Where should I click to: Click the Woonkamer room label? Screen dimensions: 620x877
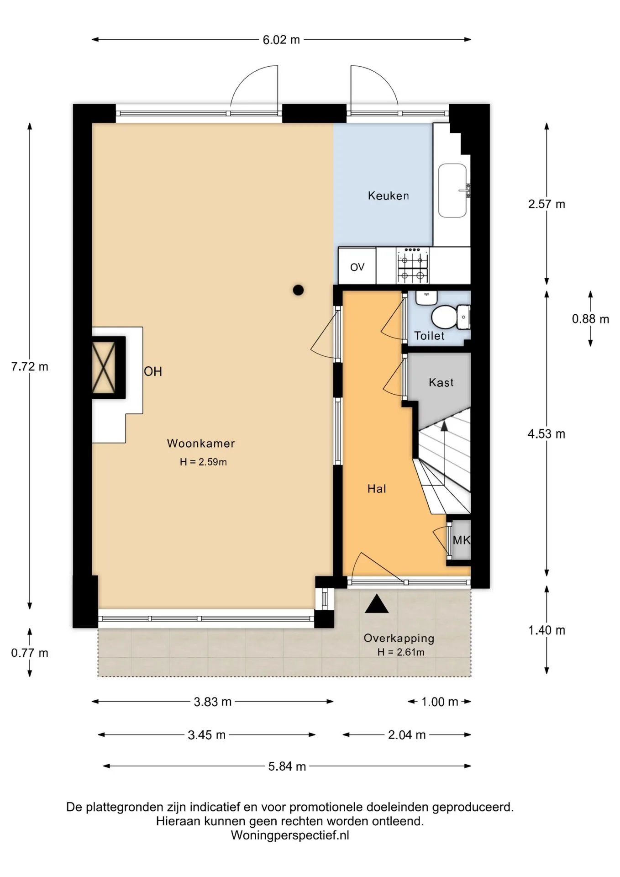(x=201, y=443)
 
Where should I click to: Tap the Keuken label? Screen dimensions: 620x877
(x=389, y=196)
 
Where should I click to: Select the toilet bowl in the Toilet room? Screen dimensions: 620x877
(x=446, y=317)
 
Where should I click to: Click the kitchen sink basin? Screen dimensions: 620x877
(x=452, y=190)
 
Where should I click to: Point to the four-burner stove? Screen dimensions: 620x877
(x=413, y=265)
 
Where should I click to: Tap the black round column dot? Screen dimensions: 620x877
(x=298, y=290)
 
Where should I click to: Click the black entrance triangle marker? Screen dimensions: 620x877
(x=377, y=604)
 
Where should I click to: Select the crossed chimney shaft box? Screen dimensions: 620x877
(x=108, y=368)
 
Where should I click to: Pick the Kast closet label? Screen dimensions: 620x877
(x=441, y=382)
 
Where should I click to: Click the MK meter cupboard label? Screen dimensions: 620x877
(x=461, y=540)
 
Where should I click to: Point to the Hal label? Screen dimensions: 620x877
(x=377, y=489)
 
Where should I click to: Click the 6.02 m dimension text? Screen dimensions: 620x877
(x=281, y=40)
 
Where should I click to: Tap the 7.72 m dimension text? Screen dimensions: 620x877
(x=30, y=366)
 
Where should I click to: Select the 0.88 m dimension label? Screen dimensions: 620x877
(x=591, y=319)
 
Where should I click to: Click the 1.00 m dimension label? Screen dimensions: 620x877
(x=440, y=702)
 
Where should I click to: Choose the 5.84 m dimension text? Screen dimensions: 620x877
(x=287, y=766)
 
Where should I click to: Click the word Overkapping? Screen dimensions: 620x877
(x=399, y=639)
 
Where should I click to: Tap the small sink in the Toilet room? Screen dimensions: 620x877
(x=426, y=298)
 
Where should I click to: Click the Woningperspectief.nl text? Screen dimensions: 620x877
(x=290, y=835)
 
